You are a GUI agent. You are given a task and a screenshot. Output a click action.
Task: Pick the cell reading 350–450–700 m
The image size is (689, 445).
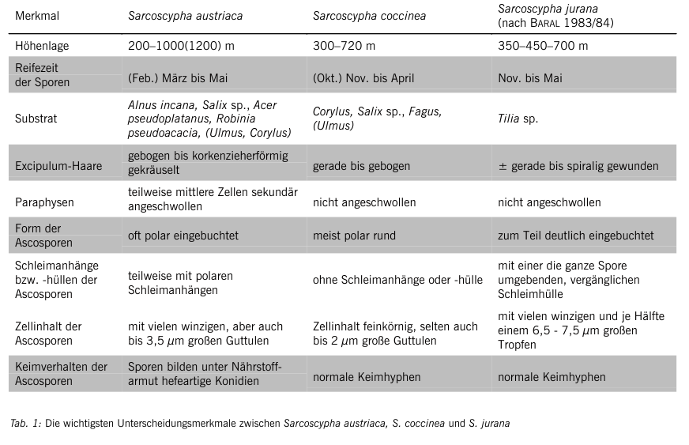(x=543, y=46)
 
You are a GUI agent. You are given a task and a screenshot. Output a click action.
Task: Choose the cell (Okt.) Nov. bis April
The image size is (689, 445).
(x=363, y=78)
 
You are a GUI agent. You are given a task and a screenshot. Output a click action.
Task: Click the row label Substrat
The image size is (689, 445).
(x=36, y=119)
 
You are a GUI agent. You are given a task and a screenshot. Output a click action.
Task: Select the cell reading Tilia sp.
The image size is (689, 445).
(x=518, y=119)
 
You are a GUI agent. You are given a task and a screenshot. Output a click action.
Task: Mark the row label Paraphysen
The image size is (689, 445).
(x=45, y=202)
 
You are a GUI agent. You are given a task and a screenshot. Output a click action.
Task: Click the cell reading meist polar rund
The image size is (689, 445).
(x=354, y=236)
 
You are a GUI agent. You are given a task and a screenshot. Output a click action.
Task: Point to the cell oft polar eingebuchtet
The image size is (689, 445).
(x=183, y=236)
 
